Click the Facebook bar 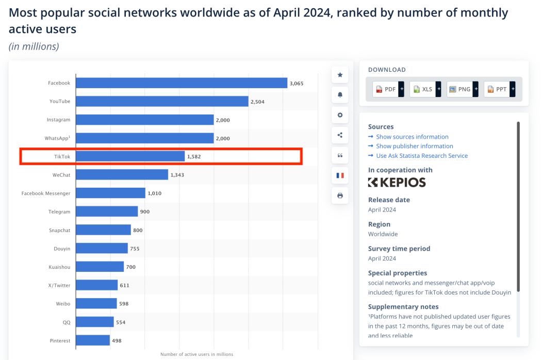182,83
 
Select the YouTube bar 162,102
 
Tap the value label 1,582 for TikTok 194,156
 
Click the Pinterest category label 60,340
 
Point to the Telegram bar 107,211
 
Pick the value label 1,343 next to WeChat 177,175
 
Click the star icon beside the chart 340,75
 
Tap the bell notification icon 340,95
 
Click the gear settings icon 340,115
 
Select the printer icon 340,196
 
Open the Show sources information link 412,137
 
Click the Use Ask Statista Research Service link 421,156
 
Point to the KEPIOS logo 397,182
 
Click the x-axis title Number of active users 196,354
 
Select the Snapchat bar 103,230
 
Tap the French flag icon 340,175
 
